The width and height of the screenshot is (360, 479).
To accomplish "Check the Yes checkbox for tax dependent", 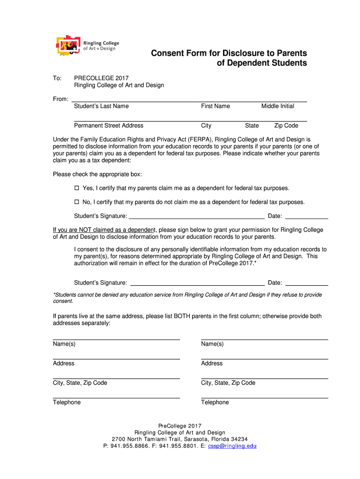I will click(x=78, y=188).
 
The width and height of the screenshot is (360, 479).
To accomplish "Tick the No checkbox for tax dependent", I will click(x=78, y=202).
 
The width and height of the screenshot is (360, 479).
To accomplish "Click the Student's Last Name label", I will click(x=101, y=106).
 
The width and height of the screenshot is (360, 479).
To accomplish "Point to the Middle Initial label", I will click(x=278, y=106).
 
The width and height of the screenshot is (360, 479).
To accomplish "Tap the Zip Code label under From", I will click(x=286, y=125).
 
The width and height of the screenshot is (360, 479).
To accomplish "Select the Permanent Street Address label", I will click(x=108, y=125).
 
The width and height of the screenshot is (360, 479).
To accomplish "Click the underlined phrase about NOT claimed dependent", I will click(x=104, y=230).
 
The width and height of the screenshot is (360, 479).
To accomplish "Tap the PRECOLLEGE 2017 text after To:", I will click(x=101, y=78).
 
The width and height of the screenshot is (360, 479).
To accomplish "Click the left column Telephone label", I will click(x=66, y=402).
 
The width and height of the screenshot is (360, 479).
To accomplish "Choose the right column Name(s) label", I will click(x=212, y=344).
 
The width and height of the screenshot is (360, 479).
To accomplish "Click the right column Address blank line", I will click(x=264, y=358).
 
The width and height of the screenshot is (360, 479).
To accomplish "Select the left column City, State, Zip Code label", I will click(x=80, y=383).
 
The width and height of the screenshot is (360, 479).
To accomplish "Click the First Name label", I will click(x=216, y=106).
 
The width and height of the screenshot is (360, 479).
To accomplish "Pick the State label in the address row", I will click(x=252, y=125).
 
